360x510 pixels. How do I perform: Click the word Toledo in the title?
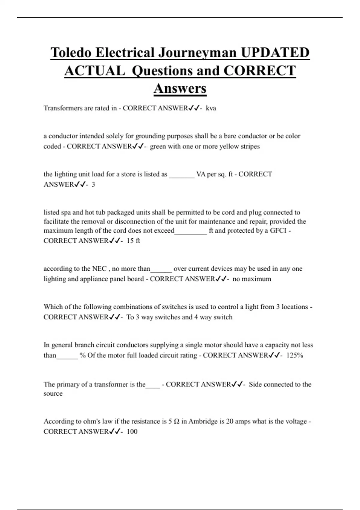[x=71, y=52]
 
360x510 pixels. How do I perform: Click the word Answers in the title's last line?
[x=180, y=88]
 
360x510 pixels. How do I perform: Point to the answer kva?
[x=211, y=108]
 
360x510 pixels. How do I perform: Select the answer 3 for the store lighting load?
[x=93, y=184]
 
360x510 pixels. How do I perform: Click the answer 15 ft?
[x=133, y=241]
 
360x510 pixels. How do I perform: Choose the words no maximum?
[x=252, y=279]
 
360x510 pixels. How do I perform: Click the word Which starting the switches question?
[x=53, y=307]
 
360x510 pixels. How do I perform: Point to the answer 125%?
[x=295, y=355]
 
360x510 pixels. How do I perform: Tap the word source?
[x=53, y=394]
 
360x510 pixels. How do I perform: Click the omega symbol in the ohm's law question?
[x=177, y=421]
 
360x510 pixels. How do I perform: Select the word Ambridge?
[x=203, y=421]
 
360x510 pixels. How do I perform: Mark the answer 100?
[x=132, y=432]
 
